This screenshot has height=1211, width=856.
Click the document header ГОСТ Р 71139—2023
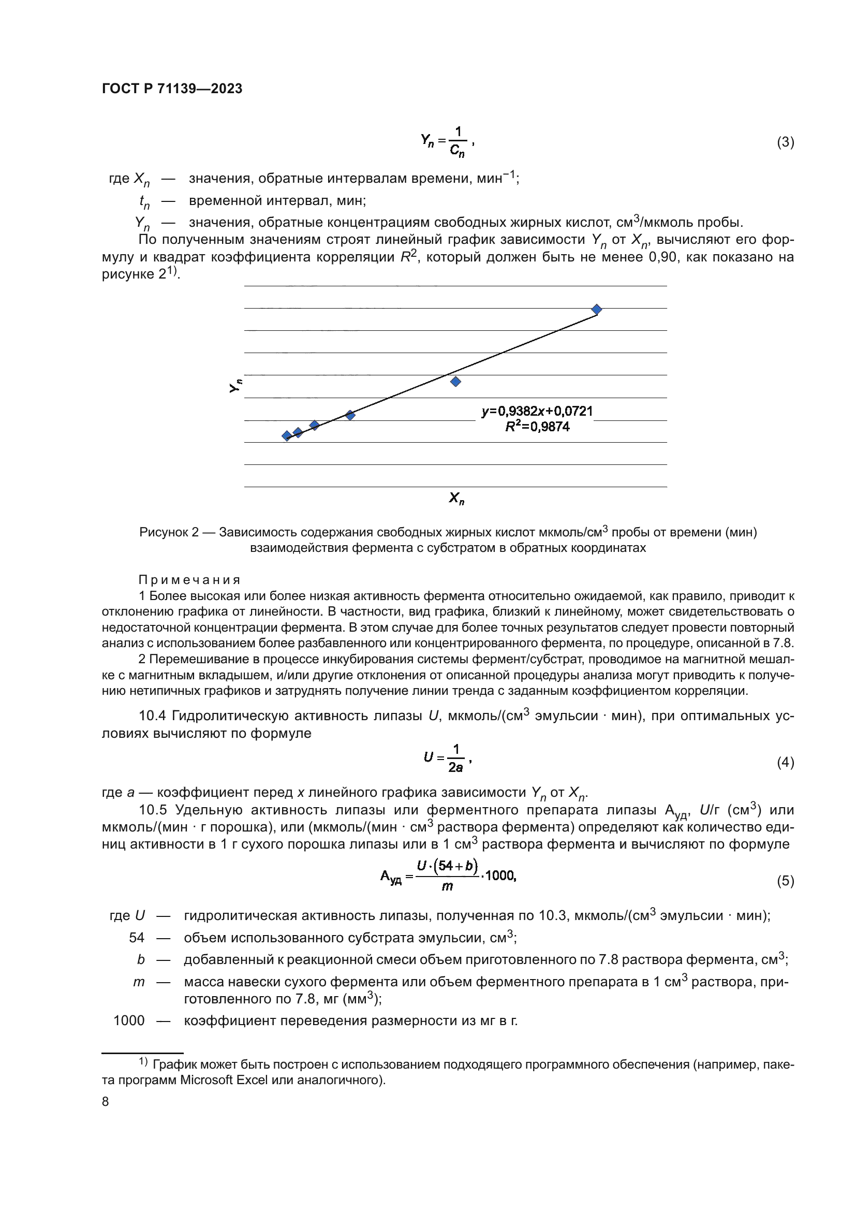click(172, 89)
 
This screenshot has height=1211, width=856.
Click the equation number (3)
click(785, 142)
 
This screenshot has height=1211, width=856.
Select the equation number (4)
click(785, 762)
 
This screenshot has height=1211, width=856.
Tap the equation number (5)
click(785, 881)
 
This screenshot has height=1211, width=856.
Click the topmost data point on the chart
click(597, 309)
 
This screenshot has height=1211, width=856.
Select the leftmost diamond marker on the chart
click(287, 435)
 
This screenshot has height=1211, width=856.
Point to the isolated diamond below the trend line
click(456, 382)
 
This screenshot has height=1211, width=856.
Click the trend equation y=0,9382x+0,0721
click(537, 411)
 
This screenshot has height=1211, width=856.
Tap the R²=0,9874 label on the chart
click(537, 427)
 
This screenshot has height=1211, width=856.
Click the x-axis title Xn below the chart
click(456, 498)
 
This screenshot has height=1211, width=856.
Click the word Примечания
click(189, 580)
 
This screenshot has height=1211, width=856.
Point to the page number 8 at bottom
click(106, 1102)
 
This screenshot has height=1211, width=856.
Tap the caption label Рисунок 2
click(169, 532)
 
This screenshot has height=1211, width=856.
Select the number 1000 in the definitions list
click(129, 1020)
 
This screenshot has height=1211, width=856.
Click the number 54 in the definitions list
click(137, 937)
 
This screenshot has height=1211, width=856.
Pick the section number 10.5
click(153, 810)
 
